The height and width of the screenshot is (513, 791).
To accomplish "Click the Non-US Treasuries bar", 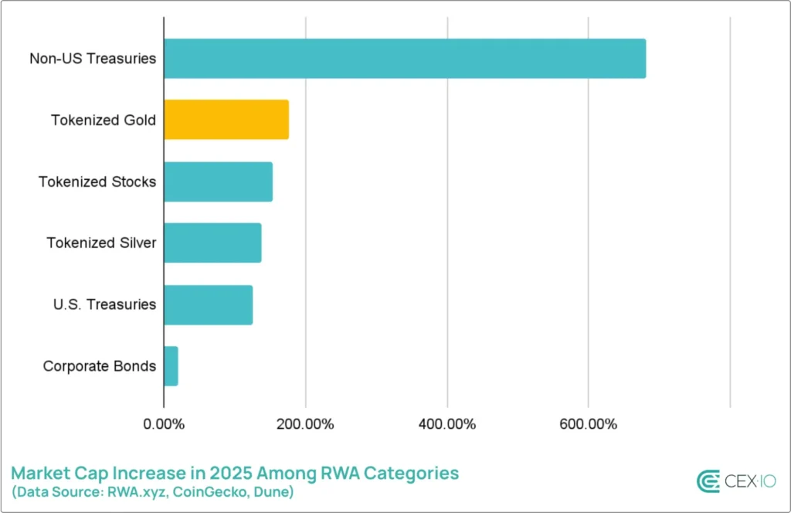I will pyautogui.click(x=405, y=58).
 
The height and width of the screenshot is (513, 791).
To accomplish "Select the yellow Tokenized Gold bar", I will pyautogui.click(x=226, y=120).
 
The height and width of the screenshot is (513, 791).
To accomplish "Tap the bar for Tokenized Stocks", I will pyautogui.click(x=218, y=182).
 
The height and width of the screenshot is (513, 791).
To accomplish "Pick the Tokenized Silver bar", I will pyautogui.click(x=212, y=243).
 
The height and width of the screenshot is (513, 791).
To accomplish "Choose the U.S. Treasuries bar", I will pyautogui.click(x=208, y=304).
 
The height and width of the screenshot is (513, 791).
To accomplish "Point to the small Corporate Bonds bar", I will pyautogui.click(x=171, y=366).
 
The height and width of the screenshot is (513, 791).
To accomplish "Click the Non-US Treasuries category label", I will pyautogui.click(x=93, y=58).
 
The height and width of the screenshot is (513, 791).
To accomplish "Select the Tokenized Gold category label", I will pyautogui.click(x=104, y=120).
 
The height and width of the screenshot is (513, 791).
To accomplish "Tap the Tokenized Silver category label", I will pyautogui.click(x=101, y=243).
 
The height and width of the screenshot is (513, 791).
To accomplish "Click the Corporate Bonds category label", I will pyautogui.click(x=100, y=366).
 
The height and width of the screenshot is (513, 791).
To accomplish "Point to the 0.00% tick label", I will pyautogui.click(x=164, y=424).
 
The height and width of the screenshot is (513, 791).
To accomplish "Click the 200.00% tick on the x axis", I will pyautogui.click(x=305, y=424).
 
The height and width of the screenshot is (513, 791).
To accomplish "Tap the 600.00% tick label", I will pyautogui.click(x=588, y=424).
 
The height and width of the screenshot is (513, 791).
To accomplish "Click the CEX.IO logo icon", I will pyautogui.click(x=708, y=481).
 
